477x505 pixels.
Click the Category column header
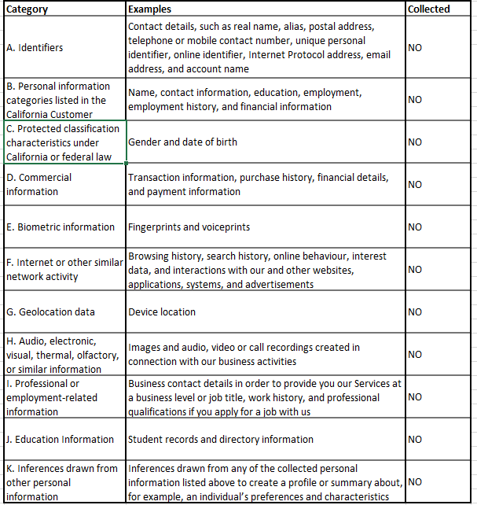(x=27, y=9)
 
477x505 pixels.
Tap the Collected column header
(x=429, y=9)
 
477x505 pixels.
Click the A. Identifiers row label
(x=35, y=48)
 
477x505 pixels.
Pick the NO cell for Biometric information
(x=415, y=227)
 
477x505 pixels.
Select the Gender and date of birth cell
(x=182, y=142)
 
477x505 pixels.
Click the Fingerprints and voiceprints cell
(x=189, y=227)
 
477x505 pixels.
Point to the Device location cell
(x=162, y=312)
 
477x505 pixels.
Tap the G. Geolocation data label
(x=50, y=312)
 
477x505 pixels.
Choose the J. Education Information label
(x=60, y=440)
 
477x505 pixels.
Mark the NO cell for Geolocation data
(x=415, y=312)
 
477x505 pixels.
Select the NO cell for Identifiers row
(x=415, y=48)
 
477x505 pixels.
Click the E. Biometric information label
(x=60, y=227)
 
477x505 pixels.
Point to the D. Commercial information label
(x=39, y=185)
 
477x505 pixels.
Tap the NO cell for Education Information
(x=415, y=440)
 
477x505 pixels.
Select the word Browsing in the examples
(x=149, y=256)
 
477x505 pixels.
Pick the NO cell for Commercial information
(x=415, y=185)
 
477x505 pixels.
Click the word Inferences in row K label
(x=43, y=469)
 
